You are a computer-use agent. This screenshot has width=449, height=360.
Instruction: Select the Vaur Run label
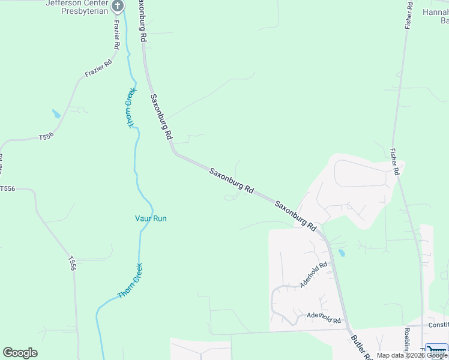tap(151, 218)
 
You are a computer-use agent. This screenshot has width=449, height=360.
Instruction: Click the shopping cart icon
tap(436, 350)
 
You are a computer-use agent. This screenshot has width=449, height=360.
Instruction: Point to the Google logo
tap(20, 353)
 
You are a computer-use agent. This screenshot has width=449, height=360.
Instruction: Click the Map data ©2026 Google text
tap(412, 355)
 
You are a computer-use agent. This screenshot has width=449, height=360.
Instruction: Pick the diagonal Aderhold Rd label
tap(314, 274)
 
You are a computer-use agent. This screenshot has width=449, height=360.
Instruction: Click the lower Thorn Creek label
tap(130, 281)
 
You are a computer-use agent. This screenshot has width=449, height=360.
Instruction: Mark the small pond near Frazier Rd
tap(56, 113)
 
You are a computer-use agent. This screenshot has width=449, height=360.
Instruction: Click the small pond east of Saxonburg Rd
tap(341, 253)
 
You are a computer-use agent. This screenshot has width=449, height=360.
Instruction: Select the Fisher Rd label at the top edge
tap(409, 15)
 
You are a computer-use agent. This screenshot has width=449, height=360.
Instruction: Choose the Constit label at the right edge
tap(438, 325)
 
